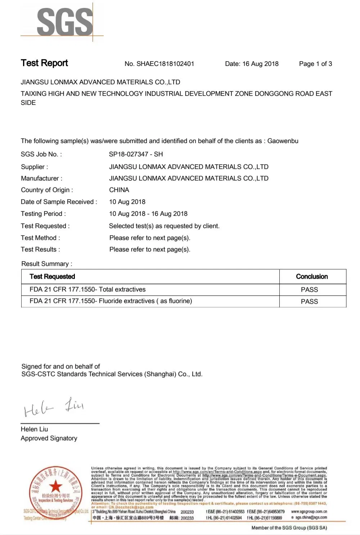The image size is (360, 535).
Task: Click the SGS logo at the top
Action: click(x=65, y=22)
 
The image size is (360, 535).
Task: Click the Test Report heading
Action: click(x=44, y=63)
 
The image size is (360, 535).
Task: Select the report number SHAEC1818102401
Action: click(x=165, y=64)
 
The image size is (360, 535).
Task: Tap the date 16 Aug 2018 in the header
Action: click(x=260, y=64)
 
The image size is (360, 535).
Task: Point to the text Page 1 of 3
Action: click(x=315, y=64)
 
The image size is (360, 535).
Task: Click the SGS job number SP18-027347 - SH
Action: click(x=136, y=154)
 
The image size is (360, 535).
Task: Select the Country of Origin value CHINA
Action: click(x=119, y=190)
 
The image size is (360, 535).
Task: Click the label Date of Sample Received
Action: click(x=59, y=202)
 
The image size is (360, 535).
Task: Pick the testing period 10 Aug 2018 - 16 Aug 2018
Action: click(x=148, y=214)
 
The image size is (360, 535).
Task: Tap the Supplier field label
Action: click(x=34, y=167)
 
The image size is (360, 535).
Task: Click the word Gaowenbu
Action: click(x=283, y=141)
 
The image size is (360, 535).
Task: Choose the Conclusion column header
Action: click(x=312, y=277)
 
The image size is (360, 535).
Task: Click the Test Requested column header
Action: click(x=52, y=277)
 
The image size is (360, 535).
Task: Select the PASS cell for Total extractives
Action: click(x=309, y=290)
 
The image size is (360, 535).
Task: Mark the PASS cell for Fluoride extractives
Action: click(x=309, y=302)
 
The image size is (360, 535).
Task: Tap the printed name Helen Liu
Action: click(x=34, y=429)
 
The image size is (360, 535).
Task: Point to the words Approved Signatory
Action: click(x=49, y=438)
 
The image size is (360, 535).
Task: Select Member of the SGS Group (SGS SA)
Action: click(x=289, y=528)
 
